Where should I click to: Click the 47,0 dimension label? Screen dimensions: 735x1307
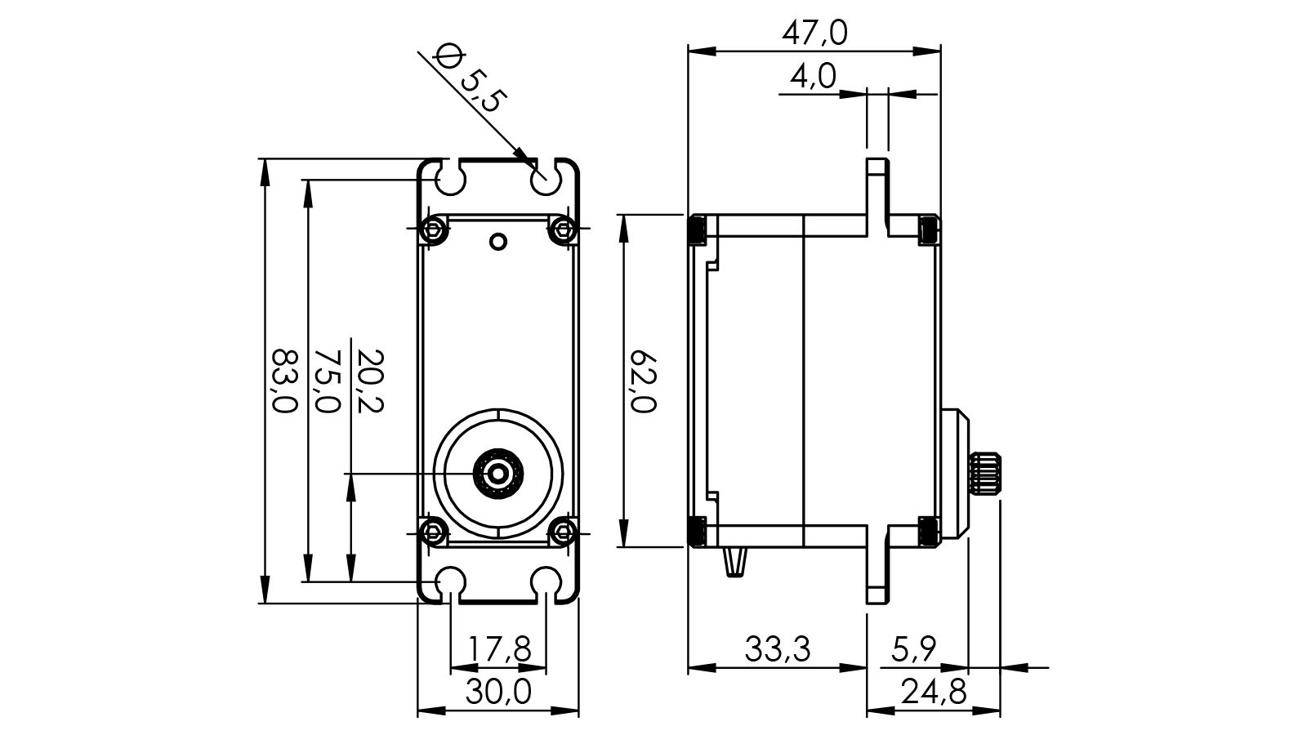pos(814,33)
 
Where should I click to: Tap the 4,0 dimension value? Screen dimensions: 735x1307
pos(813,77)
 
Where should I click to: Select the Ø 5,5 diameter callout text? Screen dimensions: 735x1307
pos(472,79)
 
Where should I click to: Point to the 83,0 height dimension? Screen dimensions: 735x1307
pos(283,381)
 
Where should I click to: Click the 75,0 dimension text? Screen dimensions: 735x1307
pos(327,381)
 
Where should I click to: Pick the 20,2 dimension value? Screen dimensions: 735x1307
pos(370,381)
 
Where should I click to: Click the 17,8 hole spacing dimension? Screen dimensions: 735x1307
pos(499,650)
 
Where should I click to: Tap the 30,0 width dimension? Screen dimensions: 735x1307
pos(498,693)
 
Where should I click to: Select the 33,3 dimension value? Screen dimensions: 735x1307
pos(777,650)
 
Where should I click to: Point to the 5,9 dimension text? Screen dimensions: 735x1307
pos(914,650)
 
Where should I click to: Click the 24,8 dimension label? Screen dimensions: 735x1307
pos(934,693)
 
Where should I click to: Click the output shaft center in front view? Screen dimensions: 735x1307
pos(497,473)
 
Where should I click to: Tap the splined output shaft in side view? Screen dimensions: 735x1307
pos(984,473)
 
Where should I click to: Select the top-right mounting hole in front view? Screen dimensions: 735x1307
pos(545,179)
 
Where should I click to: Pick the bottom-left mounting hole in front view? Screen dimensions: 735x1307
pos(450,581)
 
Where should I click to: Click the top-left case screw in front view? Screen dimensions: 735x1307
pos(433,230)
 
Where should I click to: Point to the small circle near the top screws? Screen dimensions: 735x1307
pos(497,241)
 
